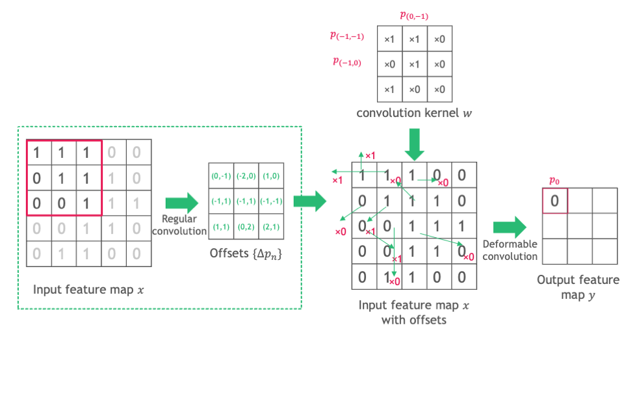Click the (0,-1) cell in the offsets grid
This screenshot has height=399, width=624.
[x=221, y=175]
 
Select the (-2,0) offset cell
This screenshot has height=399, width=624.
[x=246, y=175]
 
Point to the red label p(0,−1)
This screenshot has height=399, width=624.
[x=414, y=15]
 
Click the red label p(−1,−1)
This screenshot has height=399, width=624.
[x=347, y=37]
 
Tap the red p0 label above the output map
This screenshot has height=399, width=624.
[x=554, y=180]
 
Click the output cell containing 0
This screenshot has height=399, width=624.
[x=554, y=201]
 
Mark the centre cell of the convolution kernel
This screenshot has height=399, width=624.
[x=414, y=64]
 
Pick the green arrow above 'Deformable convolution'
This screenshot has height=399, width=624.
[x=509, y=227]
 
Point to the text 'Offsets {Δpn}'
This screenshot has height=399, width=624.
[x=246, y=253]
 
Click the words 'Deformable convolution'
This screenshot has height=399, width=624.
[x=510, y=250]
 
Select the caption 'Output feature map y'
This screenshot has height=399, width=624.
[x=578, y=287]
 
